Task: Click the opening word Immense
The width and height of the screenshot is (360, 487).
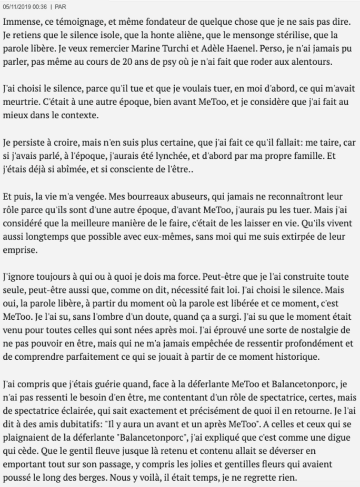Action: (x=22, y=23)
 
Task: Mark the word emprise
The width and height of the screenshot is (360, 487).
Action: (x=20, y=250)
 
